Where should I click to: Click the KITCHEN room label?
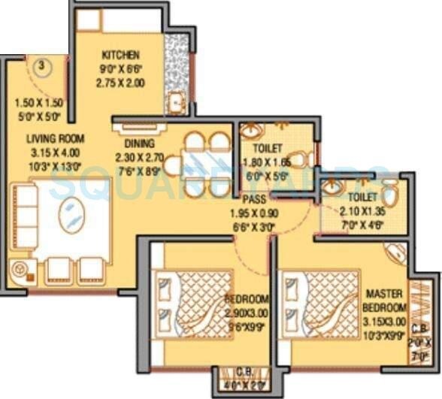(x=120, y=55)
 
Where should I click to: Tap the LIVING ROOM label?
(x=55, y=138)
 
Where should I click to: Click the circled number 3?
(x=43, y=65)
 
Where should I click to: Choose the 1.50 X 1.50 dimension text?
(x=38, y=103)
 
